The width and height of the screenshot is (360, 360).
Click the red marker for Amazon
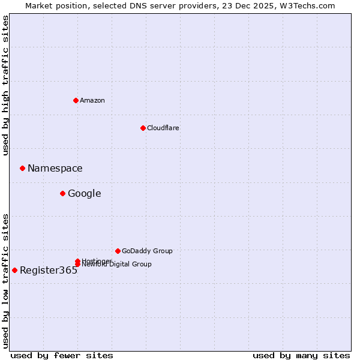click(76, 100)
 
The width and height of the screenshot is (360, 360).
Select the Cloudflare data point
click(143, 128)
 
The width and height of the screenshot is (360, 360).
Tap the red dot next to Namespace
click(22, 168)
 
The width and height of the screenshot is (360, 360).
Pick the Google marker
click(62, 193)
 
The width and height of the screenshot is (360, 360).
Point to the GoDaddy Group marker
click(118, 251)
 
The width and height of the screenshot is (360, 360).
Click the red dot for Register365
click(14, 270)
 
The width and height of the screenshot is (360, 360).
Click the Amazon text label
click(92, 100)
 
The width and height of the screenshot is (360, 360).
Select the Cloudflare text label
click(163, 128)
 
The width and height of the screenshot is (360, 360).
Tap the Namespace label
click(55, 169)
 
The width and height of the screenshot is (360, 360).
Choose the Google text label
click(85, 194)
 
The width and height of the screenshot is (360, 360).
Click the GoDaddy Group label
click(147, 251)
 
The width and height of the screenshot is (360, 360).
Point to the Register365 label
click(49, 271)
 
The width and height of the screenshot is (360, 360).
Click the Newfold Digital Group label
click(118, 265)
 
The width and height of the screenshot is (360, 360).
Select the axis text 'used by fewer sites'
click(62, 355)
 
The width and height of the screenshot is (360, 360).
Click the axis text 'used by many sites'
click(301, 355)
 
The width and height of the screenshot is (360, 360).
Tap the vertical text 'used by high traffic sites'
click(5, 85)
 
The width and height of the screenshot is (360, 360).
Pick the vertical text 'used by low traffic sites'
click(5, 280)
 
